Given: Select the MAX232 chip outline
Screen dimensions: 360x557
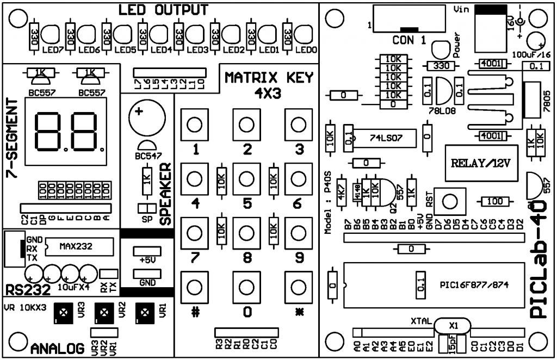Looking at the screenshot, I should (x=77, y=246).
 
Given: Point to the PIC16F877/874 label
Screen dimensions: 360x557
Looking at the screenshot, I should (x=473, y=284).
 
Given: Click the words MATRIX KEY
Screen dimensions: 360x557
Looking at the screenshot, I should (x=269, y=78).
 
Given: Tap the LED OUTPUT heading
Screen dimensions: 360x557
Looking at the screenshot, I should (x=163, y=10).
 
